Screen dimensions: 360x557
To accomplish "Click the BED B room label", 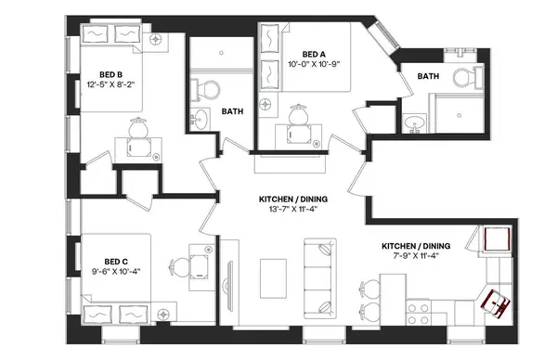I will coord(112,75).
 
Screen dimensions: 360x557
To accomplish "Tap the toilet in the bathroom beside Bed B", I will coord(210,90).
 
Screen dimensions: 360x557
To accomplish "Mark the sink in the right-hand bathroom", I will coord(415,122).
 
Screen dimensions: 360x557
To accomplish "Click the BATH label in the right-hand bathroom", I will coord(428,76).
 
